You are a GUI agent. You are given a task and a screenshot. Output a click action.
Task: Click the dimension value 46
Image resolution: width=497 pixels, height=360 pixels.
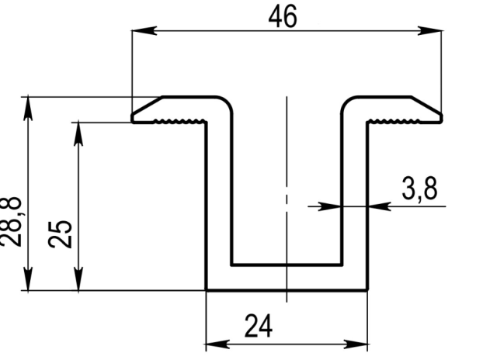click(x=283, y=17)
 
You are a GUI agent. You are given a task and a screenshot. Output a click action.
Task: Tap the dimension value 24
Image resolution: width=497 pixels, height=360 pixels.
click(x=259, y=326)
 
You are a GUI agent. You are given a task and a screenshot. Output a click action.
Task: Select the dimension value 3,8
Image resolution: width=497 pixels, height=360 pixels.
click(x=419, y=189)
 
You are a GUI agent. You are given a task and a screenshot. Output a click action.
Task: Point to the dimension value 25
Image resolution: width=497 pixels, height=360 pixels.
click(x=61, y=234)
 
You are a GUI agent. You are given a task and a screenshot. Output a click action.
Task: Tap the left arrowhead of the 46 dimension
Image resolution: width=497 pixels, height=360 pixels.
click(x=144, y=31)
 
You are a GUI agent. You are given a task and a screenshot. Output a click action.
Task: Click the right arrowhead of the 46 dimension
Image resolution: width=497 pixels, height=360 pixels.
click(x=429, y=31)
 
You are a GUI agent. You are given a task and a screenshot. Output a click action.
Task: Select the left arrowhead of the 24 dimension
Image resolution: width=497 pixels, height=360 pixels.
click(x=217, y=344)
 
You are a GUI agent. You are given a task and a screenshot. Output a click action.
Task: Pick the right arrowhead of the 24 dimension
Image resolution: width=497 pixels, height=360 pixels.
click(x=356, y=344)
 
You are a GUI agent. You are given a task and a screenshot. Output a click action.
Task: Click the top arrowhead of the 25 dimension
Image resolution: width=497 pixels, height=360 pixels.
click(x=78, y=134)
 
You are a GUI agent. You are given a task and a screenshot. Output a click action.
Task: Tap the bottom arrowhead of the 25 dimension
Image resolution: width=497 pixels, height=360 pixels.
click(x=78, y=279)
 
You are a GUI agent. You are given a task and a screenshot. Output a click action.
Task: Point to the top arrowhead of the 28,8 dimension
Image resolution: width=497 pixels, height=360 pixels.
click(x=28, y=109)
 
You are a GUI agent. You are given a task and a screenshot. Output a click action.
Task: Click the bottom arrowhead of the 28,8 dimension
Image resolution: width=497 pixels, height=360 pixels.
click(x=28, y=279)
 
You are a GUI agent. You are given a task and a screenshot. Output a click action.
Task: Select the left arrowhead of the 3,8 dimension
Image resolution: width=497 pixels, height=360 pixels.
click(x=329, y=206)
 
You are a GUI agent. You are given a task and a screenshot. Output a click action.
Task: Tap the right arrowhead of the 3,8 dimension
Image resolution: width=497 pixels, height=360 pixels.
click(x=380, y=206)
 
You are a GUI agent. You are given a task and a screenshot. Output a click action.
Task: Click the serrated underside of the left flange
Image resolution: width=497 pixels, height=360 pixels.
click(x=179, y=121)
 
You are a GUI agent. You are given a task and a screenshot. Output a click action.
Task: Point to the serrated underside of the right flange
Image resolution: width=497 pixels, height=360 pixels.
click(x=394, y=121)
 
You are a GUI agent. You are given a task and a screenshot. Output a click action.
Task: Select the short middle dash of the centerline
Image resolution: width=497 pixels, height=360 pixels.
click(x=287, y=199)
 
